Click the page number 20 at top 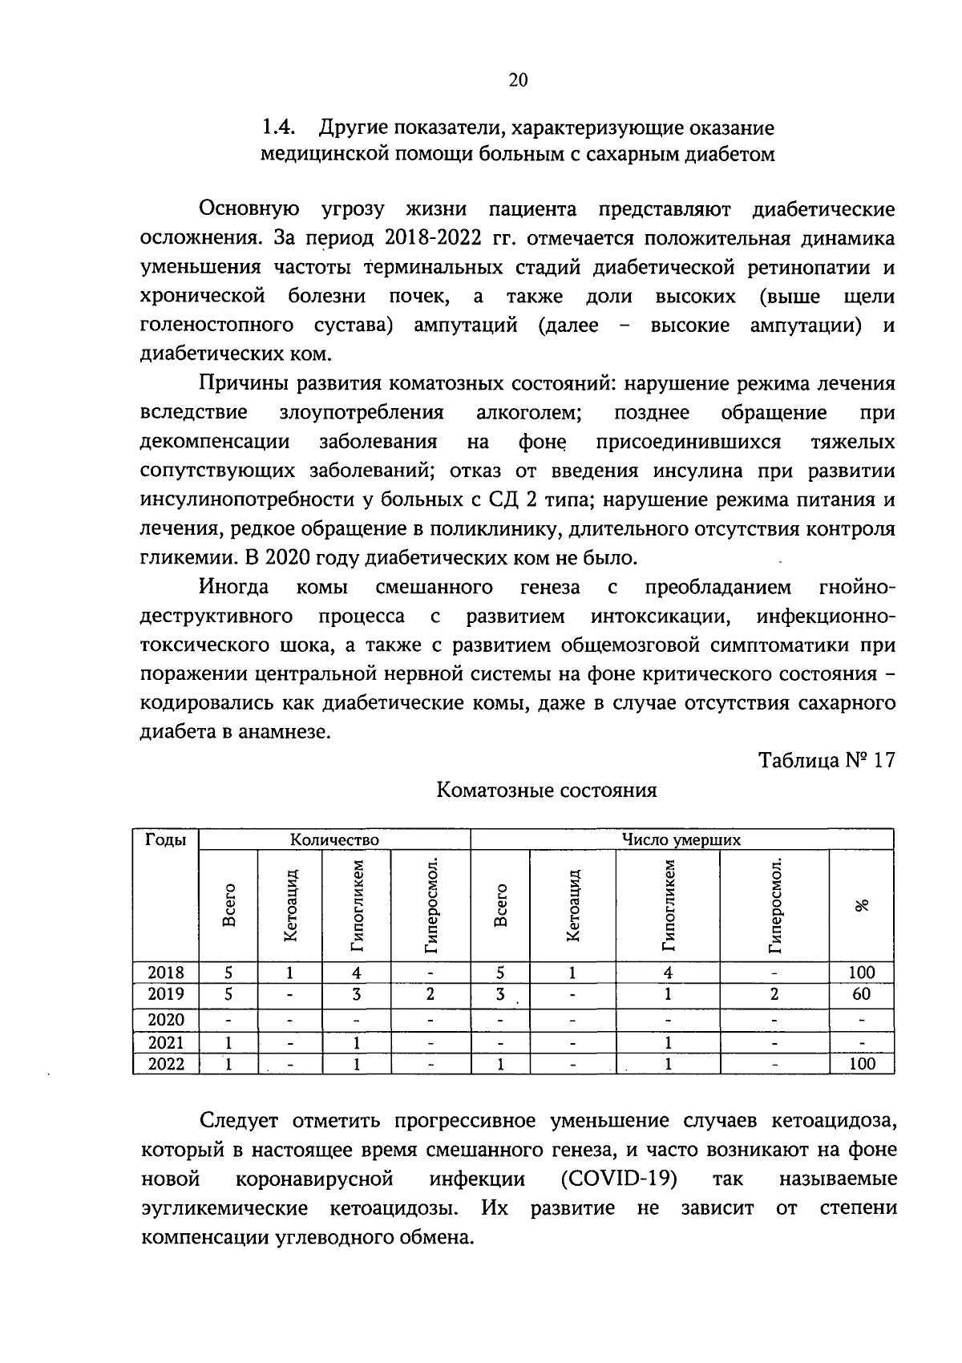518,80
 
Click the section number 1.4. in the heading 280,128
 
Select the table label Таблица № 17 827,760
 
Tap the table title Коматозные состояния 546,791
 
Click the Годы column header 166,840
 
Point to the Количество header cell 334,840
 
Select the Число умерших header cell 681,840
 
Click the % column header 862,905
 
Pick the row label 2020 166,1020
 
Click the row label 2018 166,973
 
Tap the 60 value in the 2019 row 862,994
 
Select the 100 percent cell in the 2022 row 862,1064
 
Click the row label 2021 166,1042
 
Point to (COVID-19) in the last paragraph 619,1179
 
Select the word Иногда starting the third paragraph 234,588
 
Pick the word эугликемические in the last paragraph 224,1208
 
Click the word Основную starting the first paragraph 249,210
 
